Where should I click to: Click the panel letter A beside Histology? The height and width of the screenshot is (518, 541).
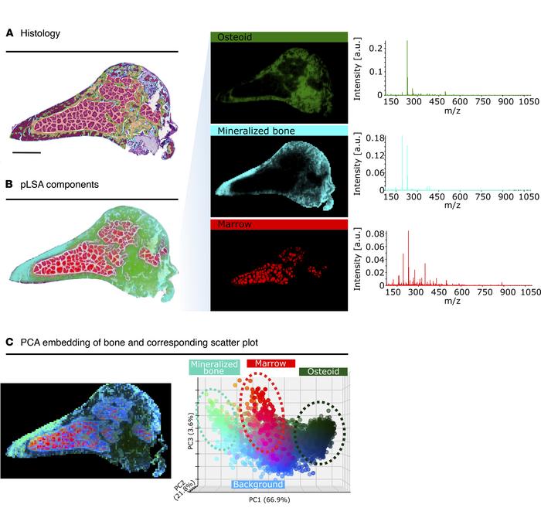coord(9,33)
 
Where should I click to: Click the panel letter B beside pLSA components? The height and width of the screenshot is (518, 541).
coord(9,184)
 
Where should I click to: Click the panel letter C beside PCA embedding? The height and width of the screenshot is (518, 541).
coord(9,341)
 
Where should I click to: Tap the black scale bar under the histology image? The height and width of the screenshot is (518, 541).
coord(26,152)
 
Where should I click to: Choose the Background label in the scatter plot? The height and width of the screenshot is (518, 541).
coord(258,484)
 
